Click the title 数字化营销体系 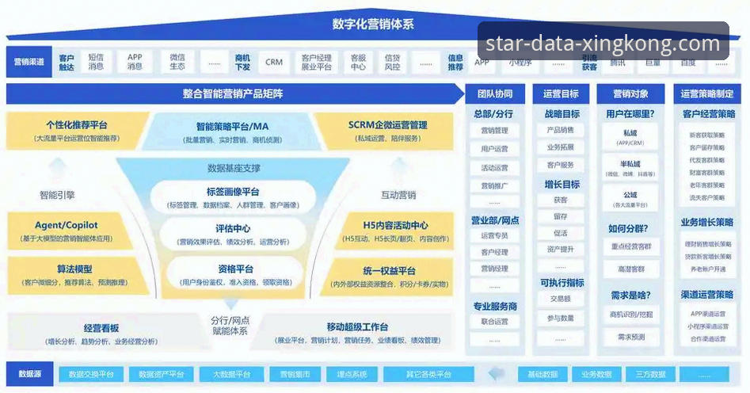pos(372,24)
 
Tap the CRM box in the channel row pos(274,62)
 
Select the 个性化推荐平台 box pos(77,130)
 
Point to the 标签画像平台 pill pos(233,197)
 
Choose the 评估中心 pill pos(233,234)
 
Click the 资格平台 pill pos(233,273)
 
